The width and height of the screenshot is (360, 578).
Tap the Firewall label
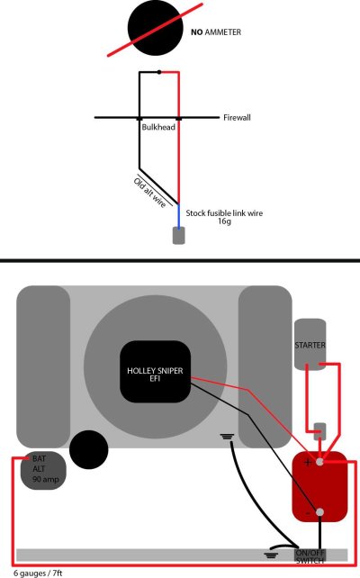[238, 118]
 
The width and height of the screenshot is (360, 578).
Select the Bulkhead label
[158, 128]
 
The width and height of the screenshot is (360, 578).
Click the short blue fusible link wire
[178, 215]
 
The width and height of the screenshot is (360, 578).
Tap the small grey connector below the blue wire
[179, 236]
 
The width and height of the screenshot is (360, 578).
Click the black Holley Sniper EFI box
[156, 371]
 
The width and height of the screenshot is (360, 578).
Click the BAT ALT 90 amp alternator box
[40, 469]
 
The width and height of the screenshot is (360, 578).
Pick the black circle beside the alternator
[89, 449]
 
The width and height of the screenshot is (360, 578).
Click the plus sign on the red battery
[308, 463]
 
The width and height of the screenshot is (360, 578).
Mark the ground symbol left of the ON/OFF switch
[270, 553]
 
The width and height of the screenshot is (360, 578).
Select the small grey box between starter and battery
[319, 430]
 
